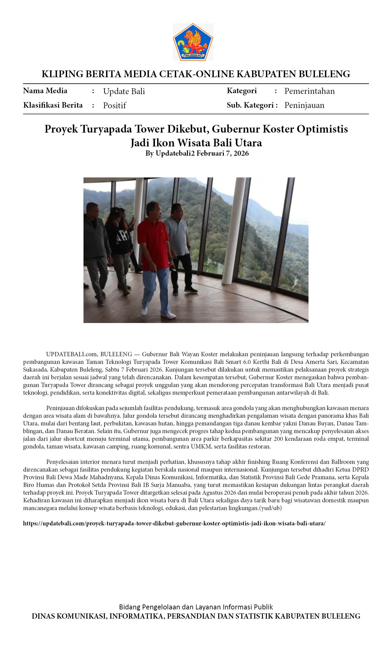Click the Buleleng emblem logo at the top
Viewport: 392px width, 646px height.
(193, 42)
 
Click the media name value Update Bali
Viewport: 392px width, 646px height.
(124, 91)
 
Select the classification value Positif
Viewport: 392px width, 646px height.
(114, 106)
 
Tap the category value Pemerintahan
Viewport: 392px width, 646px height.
(309, 91)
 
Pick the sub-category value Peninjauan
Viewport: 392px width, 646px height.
(304, 105)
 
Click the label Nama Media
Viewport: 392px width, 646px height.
(45, 91)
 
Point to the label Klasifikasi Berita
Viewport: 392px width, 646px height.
(53, 105)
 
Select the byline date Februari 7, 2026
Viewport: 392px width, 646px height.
(223, 153)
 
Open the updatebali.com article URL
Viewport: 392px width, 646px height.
(174, 523)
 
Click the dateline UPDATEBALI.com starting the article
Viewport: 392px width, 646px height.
(72, 354)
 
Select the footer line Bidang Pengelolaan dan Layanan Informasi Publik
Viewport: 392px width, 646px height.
(196, 607)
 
